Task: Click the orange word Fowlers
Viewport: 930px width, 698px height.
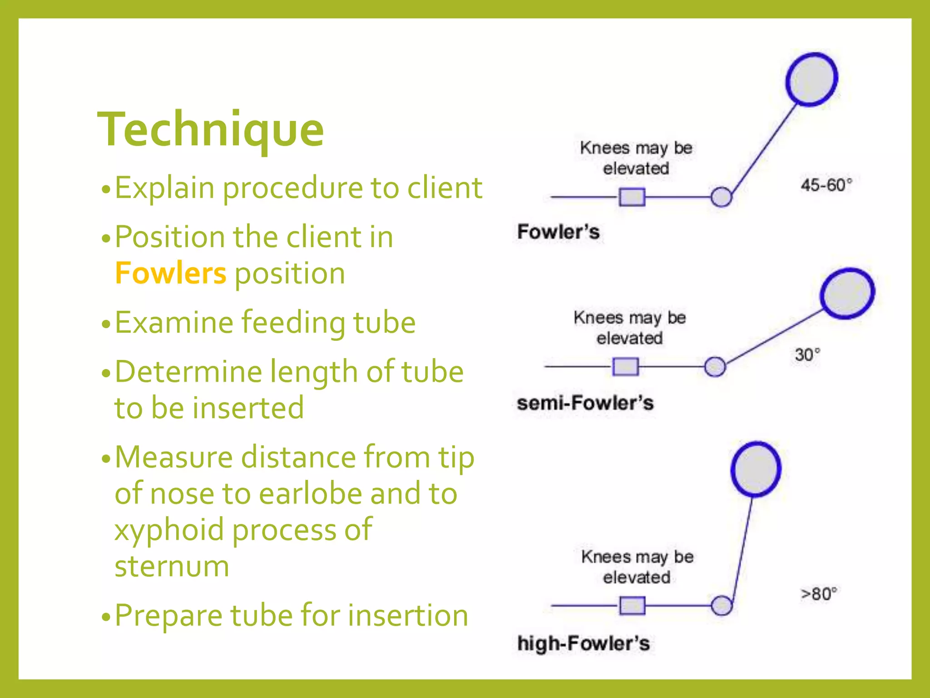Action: coord(170,274)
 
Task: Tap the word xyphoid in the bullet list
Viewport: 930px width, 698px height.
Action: coord(169,530)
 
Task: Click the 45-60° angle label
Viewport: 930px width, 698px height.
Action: coord(826,185)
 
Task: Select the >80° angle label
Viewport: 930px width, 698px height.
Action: coord(818,594)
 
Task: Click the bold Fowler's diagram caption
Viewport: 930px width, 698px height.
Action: coord(559,232)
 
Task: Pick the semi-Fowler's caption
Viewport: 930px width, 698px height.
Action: coord(585,403)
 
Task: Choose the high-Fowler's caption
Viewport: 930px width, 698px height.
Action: coord(584,643)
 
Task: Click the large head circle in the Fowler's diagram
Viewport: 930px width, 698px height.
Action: coord(811,80)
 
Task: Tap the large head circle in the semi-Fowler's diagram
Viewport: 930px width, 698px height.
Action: coord(847,293)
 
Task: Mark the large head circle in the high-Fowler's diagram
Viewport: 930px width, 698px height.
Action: coord(756,469)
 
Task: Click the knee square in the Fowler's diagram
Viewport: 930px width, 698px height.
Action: coord(632,197)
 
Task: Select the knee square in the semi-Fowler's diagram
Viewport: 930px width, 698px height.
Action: coord(625,366)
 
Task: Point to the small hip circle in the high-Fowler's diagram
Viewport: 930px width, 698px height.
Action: coord(721,605)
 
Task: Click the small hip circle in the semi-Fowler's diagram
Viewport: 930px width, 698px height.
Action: coord(715,366)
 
